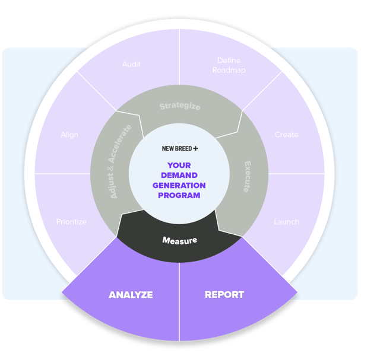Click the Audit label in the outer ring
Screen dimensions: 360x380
pos(131,64)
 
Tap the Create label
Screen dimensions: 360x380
pos(286,135)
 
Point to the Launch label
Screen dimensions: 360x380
pos(286,222)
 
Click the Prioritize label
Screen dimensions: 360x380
pos(71,222)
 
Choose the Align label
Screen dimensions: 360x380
pos(69,135)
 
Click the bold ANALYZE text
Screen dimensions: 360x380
pos(131,295)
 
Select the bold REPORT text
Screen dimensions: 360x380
pos(224,295)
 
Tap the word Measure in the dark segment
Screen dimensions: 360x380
pos(180,240)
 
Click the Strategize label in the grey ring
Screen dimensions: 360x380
pos(180,107)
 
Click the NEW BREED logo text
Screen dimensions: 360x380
pos(176,149)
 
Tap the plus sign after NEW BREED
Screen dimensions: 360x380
pos(195,149)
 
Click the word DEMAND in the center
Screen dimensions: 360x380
pos(179,175)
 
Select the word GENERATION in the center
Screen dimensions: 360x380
pos(179,185)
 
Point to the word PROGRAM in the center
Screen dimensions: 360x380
pos(179,195)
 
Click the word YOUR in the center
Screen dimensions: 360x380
pos(179,165)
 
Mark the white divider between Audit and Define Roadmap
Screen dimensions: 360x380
pos(179,59)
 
